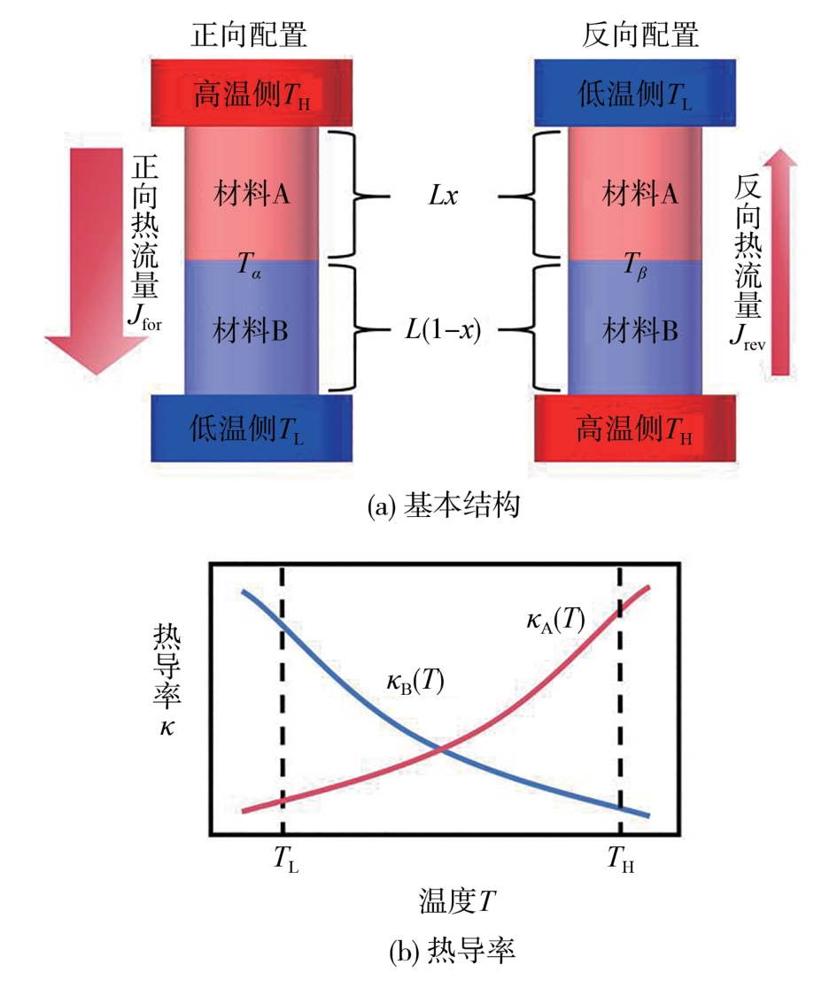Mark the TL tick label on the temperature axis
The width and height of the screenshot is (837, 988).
point(284,859)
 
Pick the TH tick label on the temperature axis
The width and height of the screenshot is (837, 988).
point(621,859)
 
